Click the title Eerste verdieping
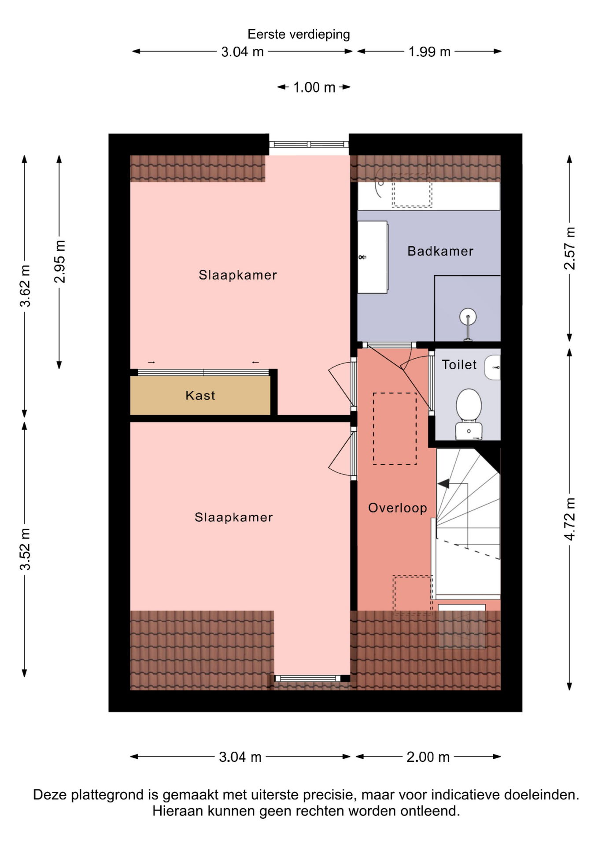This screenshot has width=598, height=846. (299, 34)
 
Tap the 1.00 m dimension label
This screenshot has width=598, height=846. (314, 87)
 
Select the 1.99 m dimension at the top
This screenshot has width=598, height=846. (429, 52)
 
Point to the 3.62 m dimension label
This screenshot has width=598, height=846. (25, 286)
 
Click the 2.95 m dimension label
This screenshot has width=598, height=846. (59, 261)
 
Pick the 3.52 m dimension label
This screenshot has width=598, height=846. (25, 549)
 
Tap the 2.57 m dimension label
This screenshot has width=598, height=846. (570, 248)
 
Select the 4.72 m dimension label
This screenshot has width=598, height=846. (570, 519)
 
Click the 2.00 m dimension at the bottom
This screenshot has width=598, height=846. (428, 757)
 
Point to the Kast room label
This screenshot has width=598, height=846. (200, 395)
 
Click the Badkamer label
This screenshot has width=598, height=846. (440, 251)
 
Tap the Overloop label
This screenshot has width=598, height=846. (398, 508)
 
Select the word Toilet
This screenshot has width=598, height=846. (459, 365)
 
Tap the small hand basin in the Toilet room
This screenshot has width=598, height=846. (493, 367)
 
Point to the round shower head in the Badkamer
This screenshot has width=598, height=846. (468, 316)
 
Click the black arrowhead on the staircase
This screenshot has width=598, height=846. (443, 484)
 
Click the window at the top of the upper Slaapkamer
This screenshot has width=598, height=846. (309, 145)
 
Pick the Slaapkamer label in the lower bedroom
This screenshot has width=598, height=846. (234, 517)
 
